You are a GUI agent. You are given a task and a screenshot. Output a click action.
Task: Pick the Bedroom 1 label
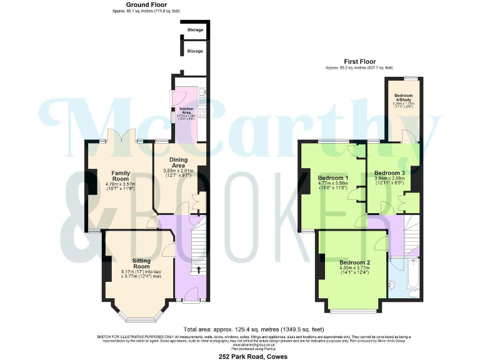click(x=332, y=176)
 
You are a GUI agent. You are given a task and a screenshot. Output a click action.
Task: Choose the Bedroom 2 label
click(x=355, y=262)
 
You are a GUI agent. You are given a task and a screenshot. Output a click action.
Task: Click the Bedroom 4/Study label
click(x=403, y=98)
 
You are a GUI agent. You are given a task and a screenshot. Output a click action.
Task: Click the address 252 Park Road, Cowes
click(x=239, y=355)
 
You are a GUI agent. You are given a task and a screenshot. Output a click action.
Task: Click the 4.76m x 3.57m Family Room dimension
click(x=120, y=184)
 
